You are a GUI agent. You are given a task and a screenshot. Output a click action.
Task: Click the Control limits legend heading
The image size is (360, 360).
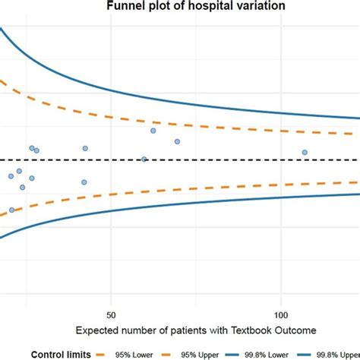pos(62,353)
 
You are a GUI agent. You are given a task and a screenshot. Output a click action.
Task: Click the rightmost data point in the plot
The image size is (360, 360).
pos(305,153)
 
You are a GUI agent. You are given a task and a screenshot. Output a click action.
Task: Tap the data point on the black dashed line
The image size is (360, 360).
pos(144,159)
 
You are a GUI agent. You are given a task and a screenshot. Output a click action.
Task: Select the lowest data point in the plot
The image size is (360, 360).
pos(11,210)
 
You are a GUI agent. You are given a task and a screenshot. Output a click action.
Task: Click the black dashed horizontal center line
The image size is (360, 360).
pos(228,159)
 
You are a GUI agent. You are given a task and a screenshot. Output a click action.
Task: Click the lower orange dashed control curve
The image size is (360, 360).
pos(228,189)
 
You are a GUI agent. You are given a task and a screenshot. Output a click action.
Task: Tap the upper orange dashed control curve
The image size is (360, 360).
pos(228,127)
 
